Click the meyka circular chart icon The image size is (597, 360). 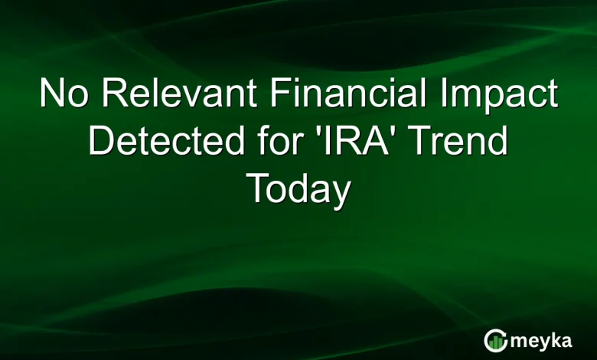[495, 340]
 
